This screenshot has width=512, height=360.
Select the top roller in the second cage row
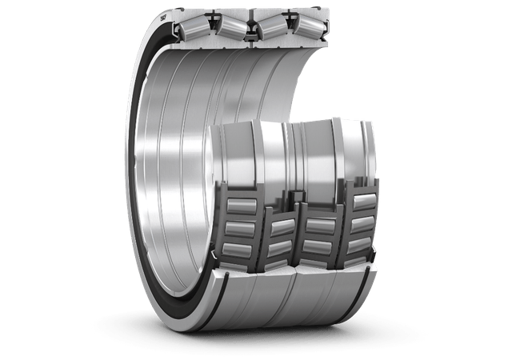pyautogui.click(x=280, y=210)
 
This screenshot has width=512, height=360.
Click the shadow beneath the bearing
pyautogui.click(x=264, y=336)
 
